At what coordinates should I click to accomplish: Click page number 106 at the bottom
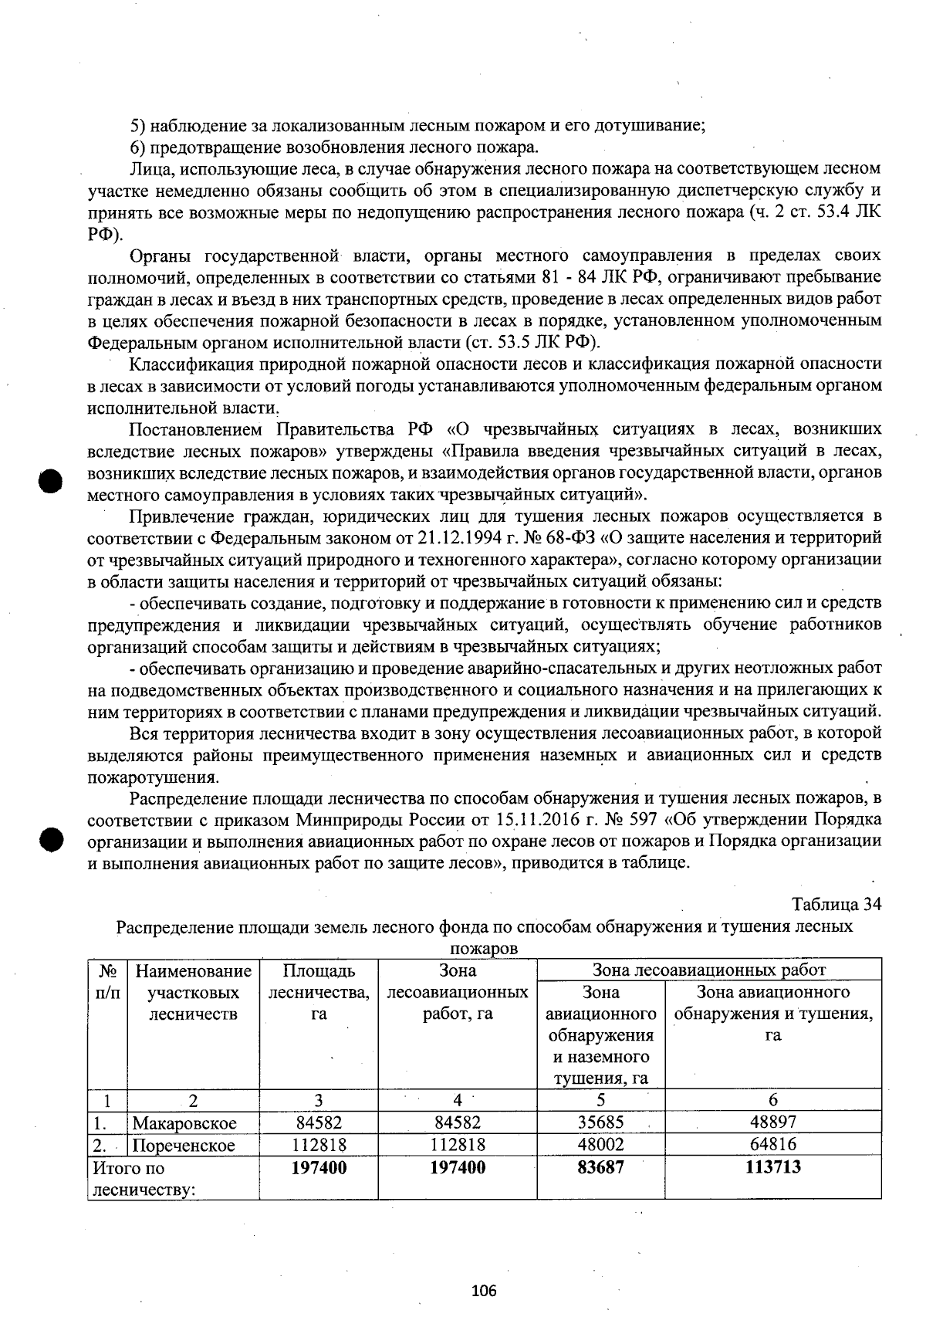pyautogui.click(x=484, y=1291)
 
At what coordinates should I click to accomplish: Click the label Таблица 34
pyautogui.click(x=836, y=904)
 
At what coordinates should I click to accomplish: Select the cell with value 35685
pyautogui.click(x=600, y=1122)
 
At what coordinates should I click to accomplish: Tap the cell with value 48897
pyautogui.click(x=772, y=1121)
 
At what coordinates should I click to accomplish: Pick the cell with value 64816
pyautogui.click(x=772, y=1143)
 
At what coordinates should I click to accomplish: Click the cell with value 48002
pyautogui.click(x=600, y=1144)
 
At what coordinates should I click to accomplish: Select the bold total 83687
pyautogui.click(x=600, y=1167)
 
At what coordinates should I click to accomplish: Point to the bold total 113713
pyautogui.click(x=772, y=1166)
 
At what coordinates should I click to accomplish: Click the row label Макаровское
pyautogui.click(x=184, y=1122)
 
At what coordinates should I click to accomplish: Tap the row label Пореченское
pyautogui.click(x=184, y=1145)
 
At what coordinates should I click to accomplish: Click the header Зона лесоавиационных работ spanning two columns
pyautogui.click(x=708, y=970)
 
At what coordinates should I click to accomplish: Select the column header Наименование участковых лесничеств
pyautogui.click(x=193, y=992)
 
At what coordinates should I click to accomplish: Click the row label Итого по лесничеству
pyautogui.click(x=144, y=1179)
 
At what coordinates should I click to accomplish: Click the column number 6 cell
pyautogui.click(x=772, y=1099)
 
